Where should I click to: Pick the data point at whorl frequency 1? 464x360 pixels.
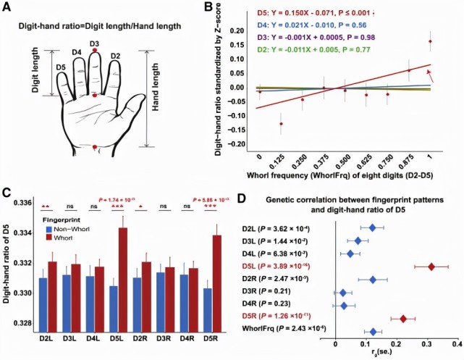(431, 41)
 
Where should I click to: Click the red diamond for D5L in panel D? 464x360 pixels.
(431, 267)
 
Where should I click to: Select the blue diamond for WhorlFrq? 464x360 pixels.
(373, 331)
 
